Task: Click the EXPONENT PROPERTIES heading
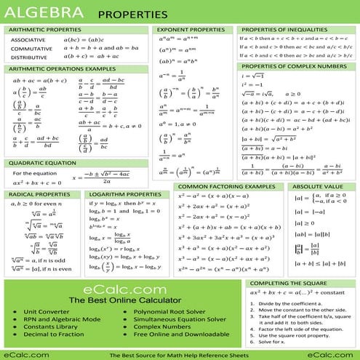(x=191, y=29)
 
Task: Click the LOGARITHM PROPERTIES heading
(x=125, y=195)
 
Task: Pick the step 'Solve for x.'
(x=271, y=341)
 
